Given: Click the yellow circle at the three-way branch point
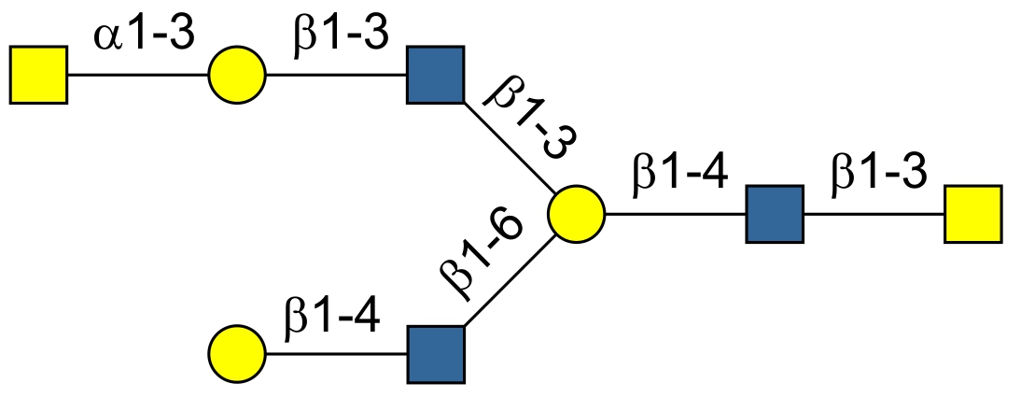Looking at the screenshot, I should pyautogui.click(x=576, y=214).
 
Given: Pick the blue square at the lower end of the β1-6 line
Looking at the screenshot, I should pyautogui.click(x=436, y=354).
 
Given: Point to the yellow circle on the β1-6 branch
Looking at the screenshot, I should pyautogui.click(x=237, y=354).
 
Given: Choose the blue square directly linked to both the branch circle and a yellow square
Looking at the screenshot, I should pyautogui.click(x=775, y=214).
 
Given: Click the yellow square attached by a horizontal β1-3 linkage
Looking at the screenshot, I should pyautogui.click(x=973, y=214).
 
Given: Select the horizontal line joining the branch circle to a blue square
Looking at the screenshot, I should pyautogui.click(x=676, y=214).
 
